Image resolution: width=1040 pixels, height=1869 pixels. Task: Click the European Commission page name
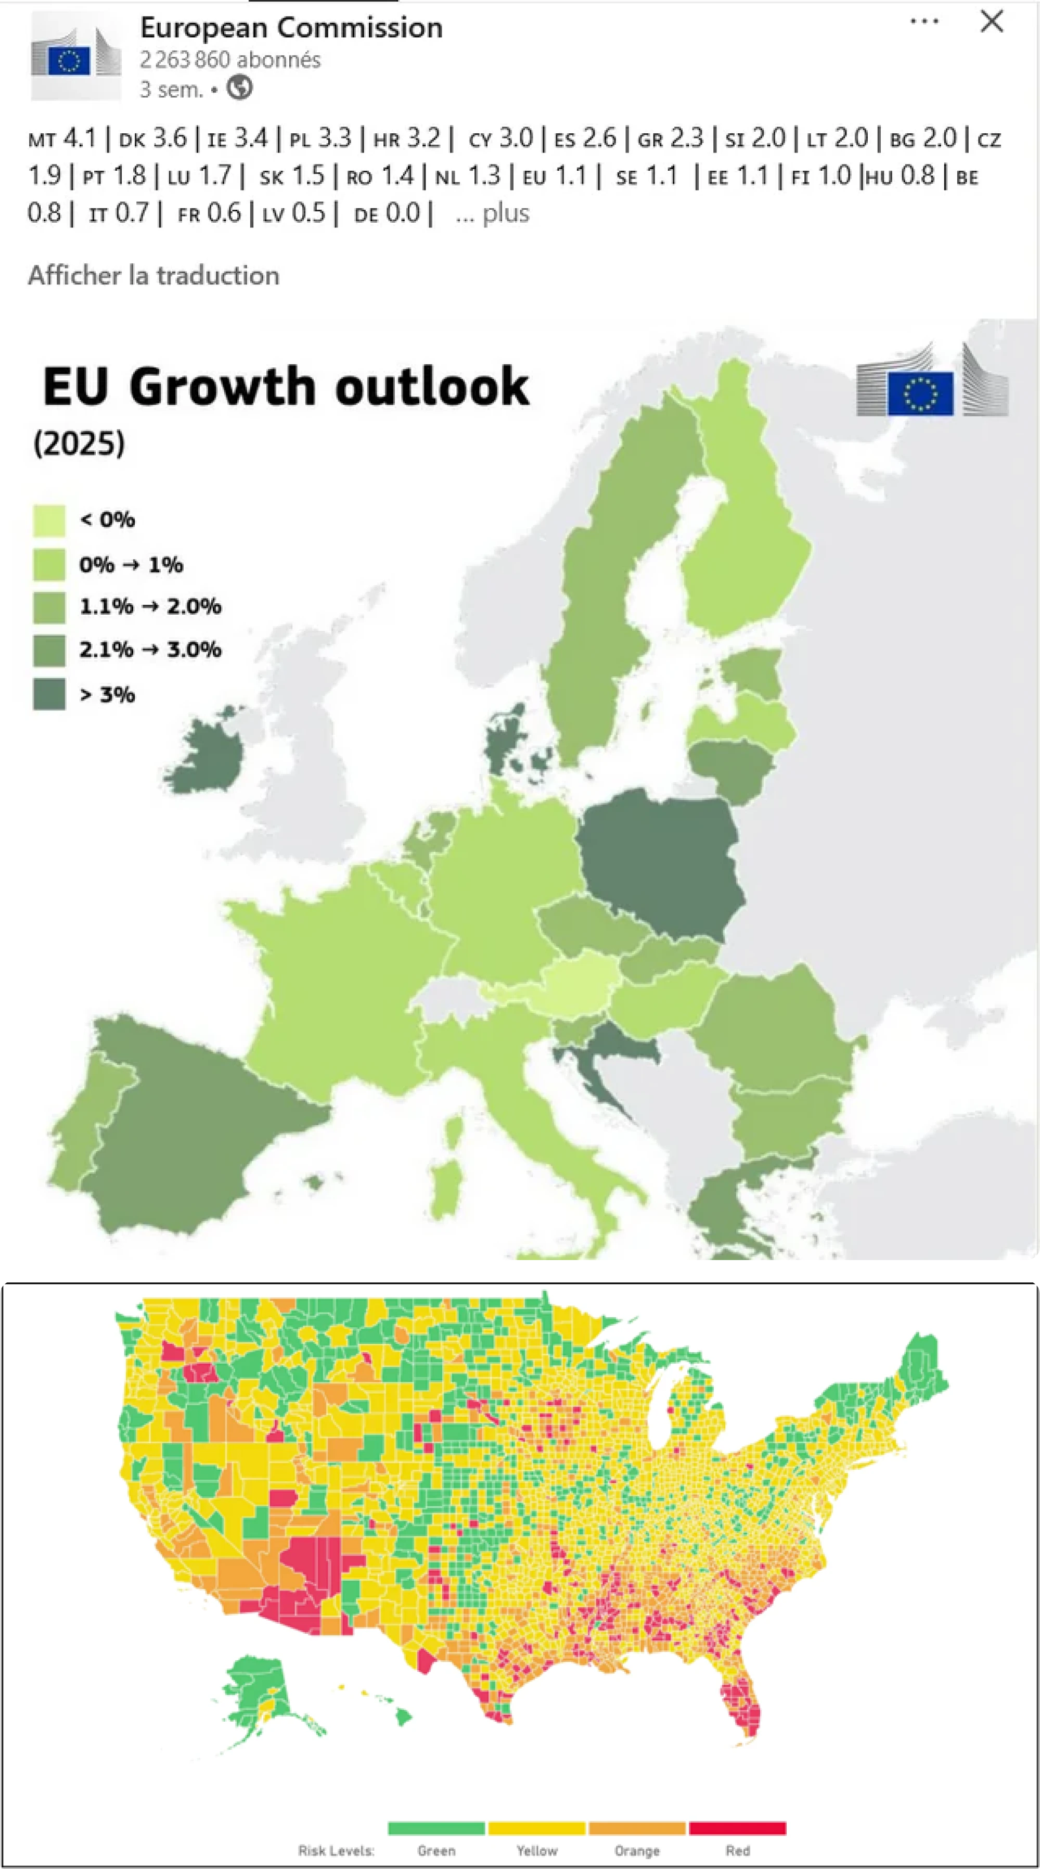291,28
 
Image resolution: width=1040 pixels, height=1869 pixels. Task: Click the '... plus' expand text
493,213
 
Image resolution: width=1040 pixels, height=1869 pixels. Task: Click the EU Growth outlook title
286,386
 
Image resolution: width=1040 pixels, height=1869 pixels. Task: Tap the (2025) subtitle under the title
79,442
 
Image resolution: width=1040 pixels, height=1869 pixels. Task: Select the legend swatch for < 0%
48,520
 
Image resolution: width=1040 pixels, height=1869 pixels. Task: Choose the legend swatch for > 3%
48,694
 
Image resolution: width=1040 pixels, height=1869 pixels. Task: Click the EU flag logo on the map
920,394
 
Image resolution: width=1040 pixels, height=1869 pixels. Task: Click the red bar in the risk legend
737,1828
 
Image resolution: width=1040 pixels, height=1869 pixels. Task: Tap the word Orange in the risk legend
637,1851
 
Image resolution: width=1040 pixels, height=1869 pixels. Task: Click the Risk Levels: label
336,1851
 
